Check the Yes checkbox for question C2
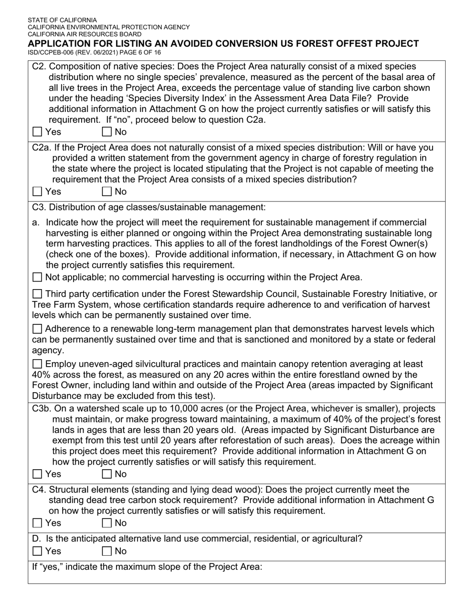point(37,132)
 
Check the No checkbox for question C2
point(107,132)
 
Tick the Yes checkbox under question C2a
point(37,192)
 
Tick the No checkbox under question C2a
point(107,192)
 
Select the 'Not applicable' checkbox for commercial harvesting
point(37,278)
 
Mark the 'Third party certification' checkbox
point(37,295)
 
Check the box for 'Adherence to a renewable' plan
point(37,329)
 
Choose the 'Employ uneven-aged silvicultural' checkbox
point(37,364)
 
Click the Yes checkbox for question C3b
point(37,474)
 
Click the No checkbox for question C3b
point(107,474)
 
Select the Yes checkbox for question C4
point(37,523)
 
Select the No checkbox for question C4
point(107,523)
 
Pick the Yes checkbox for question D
point(37,551)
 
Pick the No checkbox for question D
point(107,551)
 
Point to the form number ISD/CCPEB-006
point(52,52)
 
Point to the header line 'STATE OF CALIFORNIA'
point(62,20)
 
